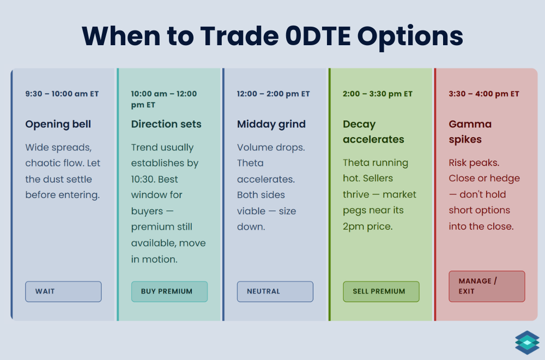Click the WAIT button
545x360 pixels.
coord(63,291)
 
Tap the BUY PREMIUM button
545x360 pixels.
coord(169,291)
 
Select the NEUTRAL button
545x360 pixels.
coord(275,291)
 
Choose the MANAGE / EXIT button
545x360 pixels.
coord(486,286)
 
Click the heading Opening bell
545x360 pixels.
coord(58,124)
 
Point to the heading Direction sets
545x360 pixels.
coord(166,124)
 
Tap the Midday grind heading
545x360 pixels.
coord(271,124)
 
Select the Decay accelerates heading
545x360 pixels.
coord(373,132)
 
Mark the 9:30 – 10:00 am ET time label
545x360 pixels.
coord(62,94)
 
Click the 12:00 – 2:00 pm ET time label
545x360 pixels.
coord(273,94)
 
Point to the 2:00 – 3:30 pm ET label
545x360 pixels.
coord(378,94)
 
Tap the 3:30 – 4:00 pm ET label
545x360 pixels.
coord(484,94)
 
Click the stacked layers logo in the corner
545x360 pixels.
coord(526,341)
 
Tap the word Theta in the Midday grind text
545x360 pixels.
coord(250,163)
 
